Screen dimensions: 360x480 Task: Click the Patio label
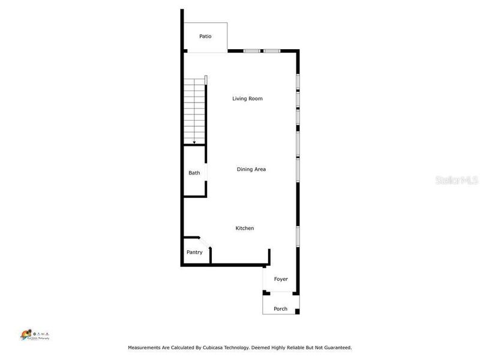(x=205, y=37)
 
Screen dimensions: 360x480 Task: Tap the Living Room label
(x=247, y=98)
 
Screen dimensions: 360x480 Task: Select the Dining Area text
(x=251, y=169)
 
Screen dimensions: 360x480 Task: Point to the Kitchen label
(x=244, y=228)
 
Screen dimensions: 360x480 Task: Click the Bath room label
(x=194, y=173)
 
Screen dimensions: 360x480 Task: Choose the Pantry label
(x=194, y=252)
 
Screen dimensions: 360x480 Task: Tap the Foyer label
(x=281, y=279)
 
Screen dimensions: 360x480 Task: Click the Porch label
(x=280, y=309)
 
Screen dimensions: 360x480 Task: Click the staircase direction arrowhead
(x=194, y=142)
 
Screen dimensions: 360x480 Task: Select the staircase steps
(x=194, y=108)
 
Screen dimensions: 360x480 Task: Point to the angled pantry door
(x=205, y=242)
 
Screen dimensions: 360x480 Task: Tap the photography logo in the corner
(x=34, y=335)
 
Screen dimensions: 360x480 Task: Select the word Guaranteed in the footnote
(x=335, y=347)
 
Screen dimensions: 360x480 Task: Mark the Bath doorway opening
(x=207, y=172)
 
